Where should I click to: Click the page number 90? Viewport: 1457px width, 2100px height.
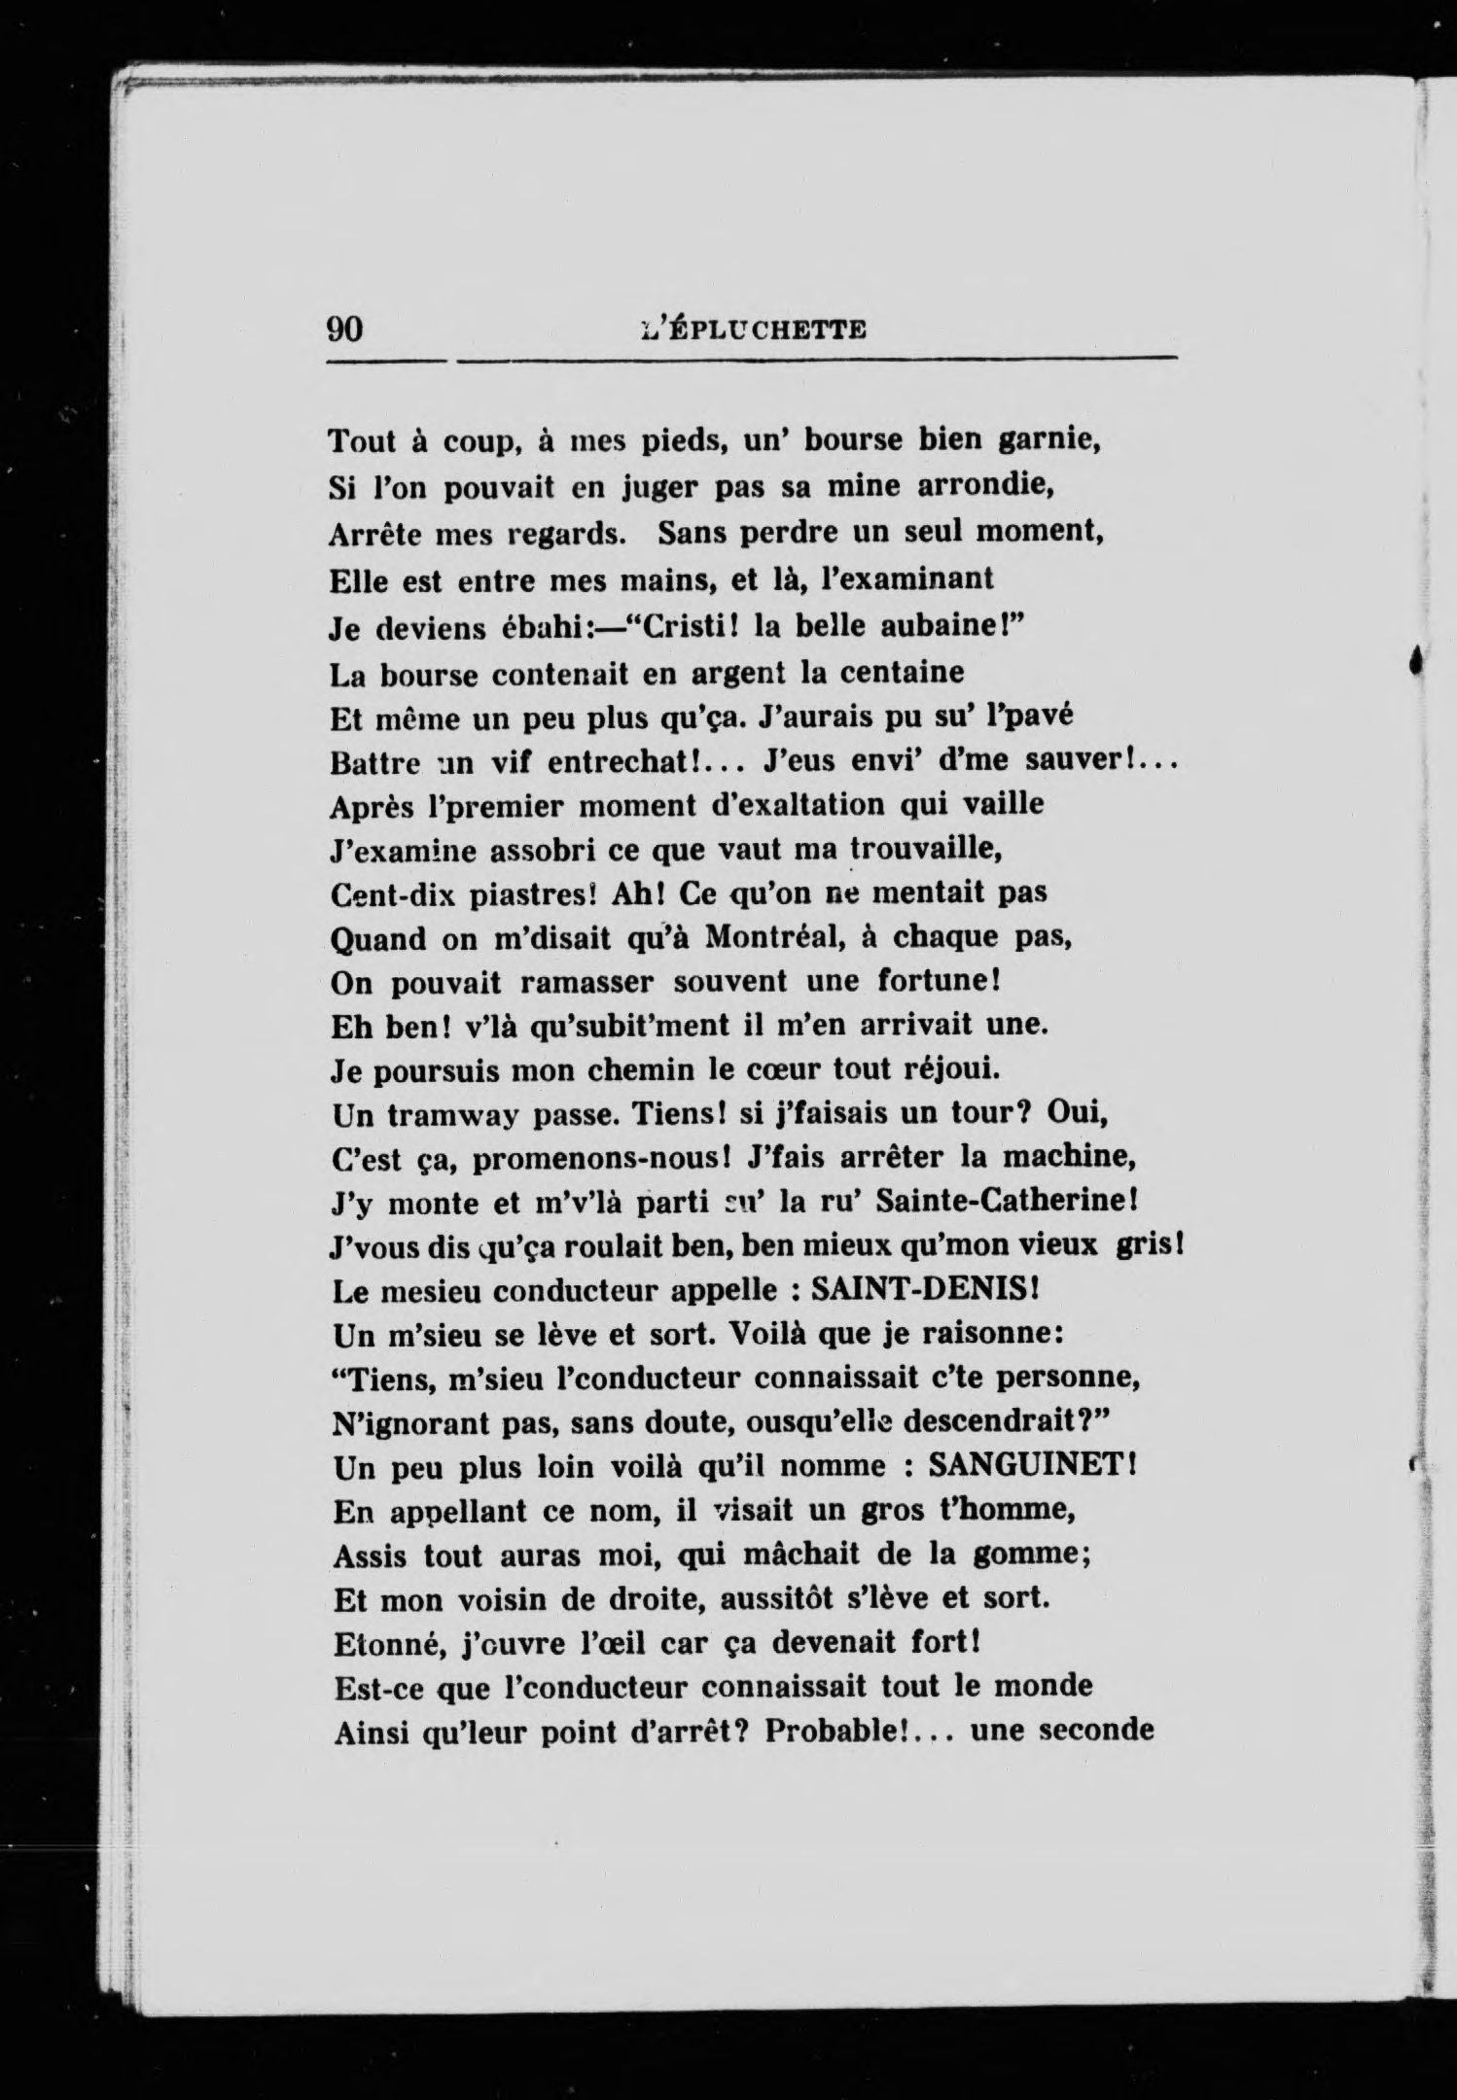345,330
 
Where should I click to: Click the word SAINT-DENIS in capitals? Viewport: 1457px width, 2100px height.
912,1290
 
